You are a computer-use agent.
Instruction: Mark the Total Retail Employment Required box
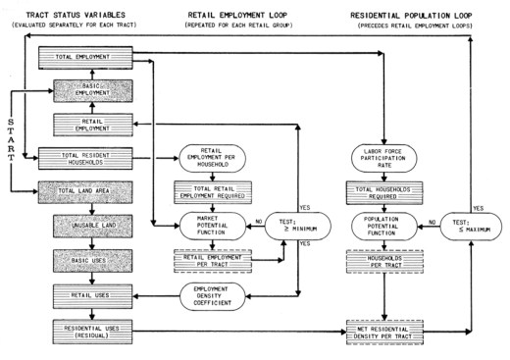click(220, 192)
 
